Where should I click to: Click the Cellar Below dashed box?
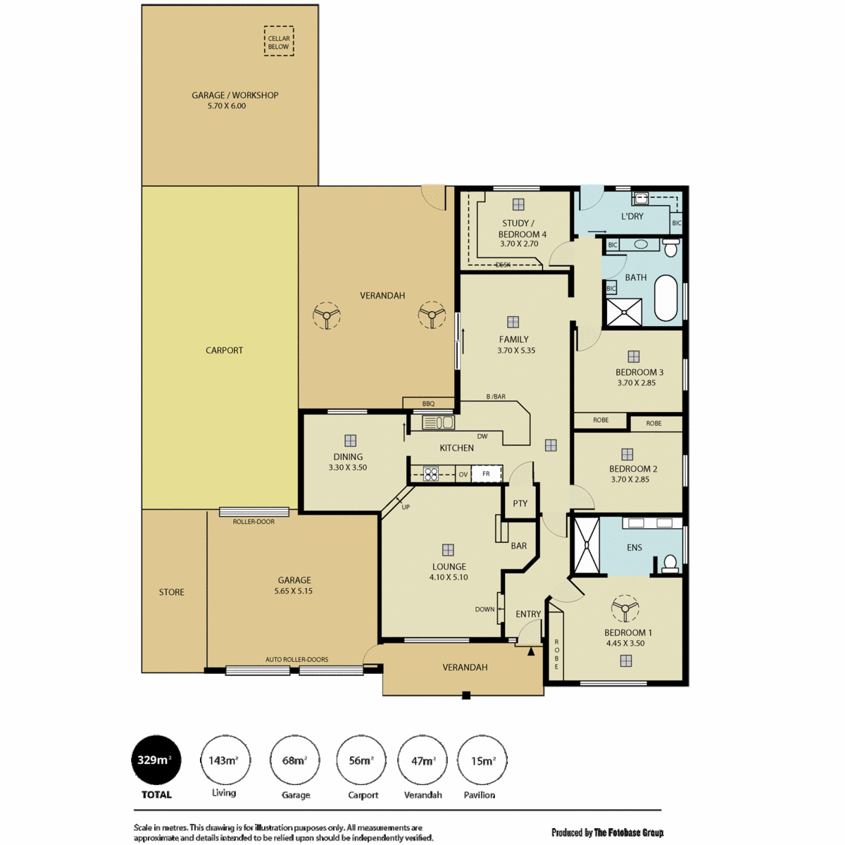[265, 42]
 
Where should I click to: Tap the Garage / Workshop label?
[234, 95]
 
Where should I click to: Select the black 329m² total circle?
[156, 760]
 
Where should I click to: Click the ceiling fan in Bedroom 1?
[625, 608]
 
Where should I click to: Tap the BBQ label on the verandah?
[428, 403]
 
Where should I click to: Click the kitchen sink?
[438, 423]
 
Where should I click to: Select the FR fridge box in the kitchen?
[487, 474]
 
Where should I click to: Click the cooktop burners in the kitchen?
[431, 474]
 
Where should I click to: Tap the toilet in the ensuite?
[670, 563]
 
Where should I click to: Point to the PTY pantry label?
[520, 503]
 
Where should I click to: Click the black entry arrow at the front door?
[531, 651]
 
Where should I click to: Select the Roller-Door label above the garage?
[254, 521]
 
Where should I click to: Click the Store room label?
[171, 592]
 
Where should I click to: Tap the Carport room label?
[224, 351]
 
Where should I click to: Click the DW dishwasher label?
[482, 437]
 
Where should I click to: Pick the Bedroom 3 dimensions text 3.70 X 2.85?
[637, 383]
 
